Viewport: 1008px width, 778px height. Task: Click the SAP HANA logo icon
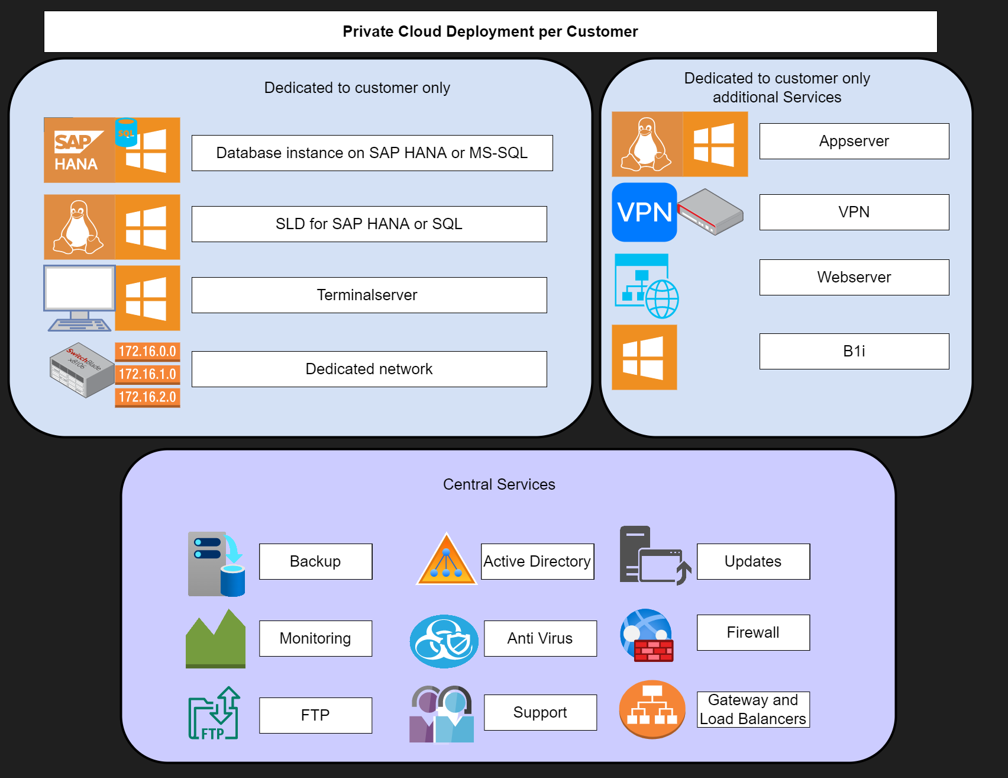click(79, 150)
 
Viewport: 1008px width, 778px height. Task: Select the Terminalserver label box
click(369, 295)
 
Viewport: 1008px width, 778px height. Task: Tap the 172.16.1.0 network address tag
click(147, 374)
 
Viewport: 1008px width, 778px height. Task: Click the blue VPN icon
click(644, 212)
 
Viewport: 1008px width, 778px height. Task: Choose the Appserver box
click(854, 141)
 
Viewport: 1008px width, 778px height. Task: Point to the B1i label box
click(854, 351)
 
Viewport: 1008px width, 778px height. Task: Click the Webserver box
click(854, 277)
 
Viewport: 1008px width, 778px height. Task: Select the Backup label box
click(315, 561)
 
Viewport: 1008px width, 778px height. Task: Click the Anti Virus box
click(540, 638)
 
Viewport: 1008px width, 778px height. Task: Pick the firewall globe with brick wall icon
click(647, 635)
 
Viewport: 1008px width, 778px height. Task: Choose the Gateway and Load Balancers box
click(753, 709)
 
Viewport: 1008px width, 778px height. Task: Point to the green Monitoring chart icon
click(215, 639)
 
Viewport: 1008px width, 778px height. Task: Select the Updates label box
click(753, 561)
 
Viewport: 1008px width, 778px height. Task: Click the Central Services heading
click(499, 484)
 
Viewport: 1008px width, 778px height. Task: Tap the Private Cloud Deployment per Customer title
click(490, 31)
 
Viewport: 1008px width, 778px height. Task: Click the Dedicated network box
click(369, 369)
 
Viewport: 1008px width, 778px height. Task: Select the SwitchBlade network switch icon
click(82, 369)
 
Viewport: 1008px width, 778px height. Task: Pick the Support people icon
click(442, 714)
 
